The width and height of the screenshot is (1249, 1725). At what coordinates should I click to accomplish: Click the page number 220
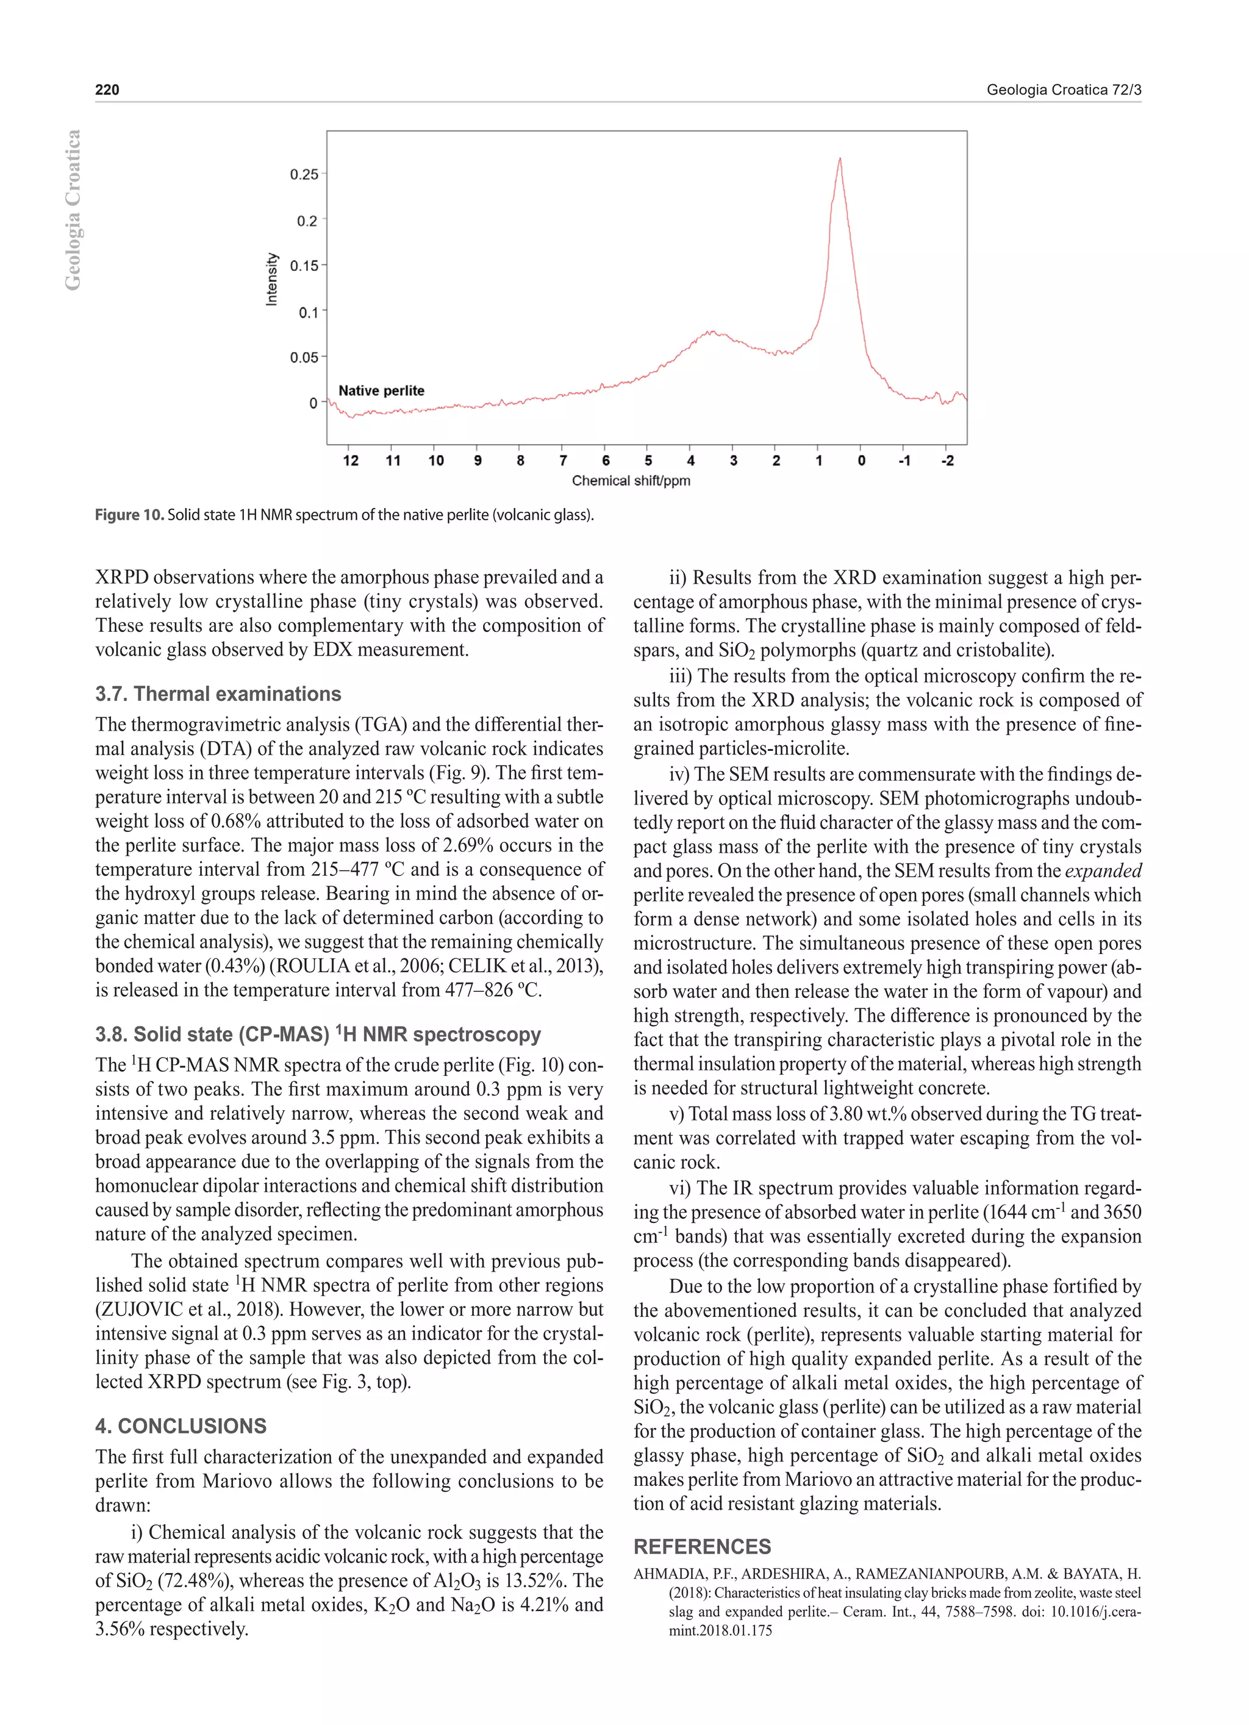(107, 90)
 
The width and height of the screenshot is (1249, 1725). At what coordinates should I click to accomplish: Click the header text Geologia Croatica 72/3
(1064, 90)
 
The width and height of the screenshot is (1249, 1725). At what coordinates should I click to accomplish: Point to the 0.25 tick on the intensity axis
(304, 174)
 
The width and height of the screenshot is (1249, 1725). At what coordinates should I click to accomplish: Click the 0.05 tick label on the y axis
(304, 357)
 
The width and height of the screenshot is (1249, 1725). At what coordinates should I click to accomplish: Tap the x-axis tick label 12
(351, 461)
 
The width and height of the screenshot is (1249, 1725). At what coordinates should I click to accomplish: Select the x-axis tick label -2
(947, 461)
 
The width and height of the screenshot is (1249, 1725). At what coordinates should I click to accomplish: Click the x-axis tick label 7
(563, 461)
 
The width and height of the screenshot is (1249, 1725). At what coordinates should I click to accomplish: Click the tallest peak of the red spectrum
(840, 160)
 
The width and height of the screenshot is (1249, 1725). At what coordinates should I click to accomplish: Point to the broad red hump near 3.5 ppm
(711, 332)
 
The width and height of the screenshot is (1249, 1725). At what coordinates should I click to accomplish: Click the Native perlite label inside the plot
(381, 391)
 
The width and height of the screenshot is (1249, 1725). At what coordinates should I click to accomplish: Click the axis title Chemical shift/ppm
(631, 481)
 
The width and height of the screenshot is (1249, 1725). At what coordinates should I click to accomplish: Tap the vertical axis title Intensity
(271, 280)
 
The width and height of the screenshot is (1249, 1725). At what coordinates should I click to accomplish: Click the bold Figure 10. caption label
(129, 515)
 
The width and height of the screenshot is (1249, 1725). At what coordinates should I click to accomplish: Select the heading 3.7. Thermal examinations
(218, 694)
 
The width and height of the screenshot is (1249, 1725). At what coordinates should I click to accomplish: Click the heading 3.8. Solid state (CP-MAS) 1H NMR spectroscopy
(318, 1035)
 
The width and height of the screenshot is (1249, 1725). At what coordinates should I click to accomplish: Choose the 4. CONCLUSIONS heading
(181, 1426)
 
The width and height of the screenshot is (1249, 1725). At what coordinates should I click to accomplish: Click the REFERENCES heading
(701, 1547)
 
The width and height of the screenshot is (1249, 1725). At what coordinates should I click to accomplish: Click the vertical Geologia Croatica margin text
(72, 210)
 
